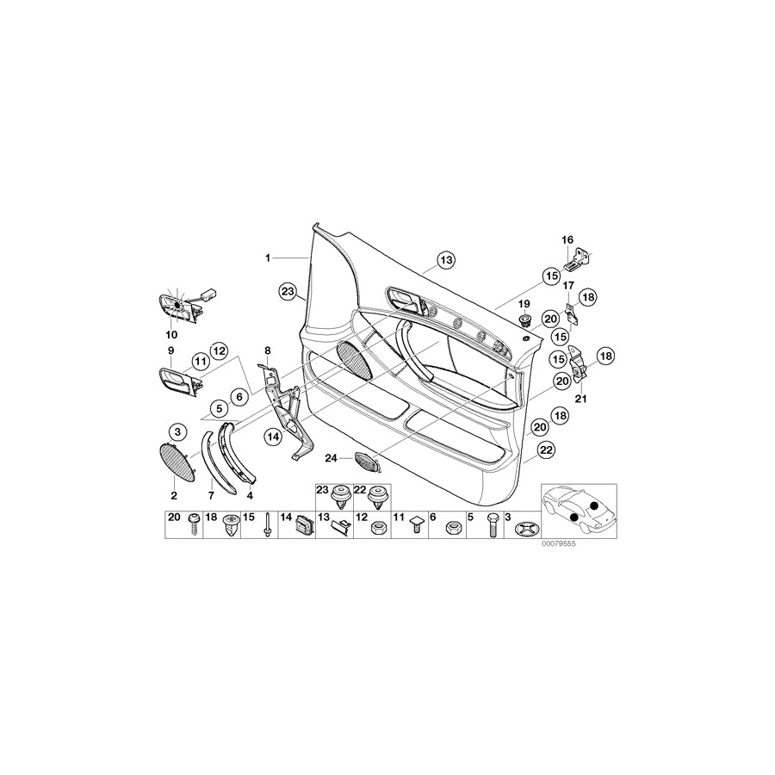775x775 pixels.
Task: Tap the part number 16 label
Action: (x=567, y=239)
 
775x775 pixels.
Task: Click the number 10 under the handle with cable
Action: (x=170, y=334)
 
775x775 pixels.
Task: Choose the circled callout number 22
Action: (x=545, y=449)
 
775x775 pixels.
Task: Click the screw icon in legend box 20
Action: (x=195, y=523)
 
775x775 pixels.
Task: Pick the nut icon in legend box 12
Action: (x=376, y=527)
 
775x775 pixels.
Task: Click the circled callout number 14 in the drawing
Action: (x=273, y=437)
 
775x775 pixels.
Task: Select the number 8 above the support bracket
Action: (x=268, y=350)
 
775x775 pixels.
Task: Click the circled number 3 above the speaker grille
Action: (x=176, y=431)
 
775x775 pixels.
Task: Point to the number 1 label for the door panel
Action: (x=268, y=257)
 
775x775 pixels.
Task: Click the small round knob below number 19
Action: (x=523, y=321)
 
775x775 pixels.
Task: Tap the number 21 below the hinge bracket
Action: (x=580, y=399)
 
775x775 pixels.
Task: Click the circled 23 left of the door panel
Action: (x=287, y=291)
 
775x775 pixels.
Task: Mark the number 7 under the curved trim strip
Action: (x=212, y=496)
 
